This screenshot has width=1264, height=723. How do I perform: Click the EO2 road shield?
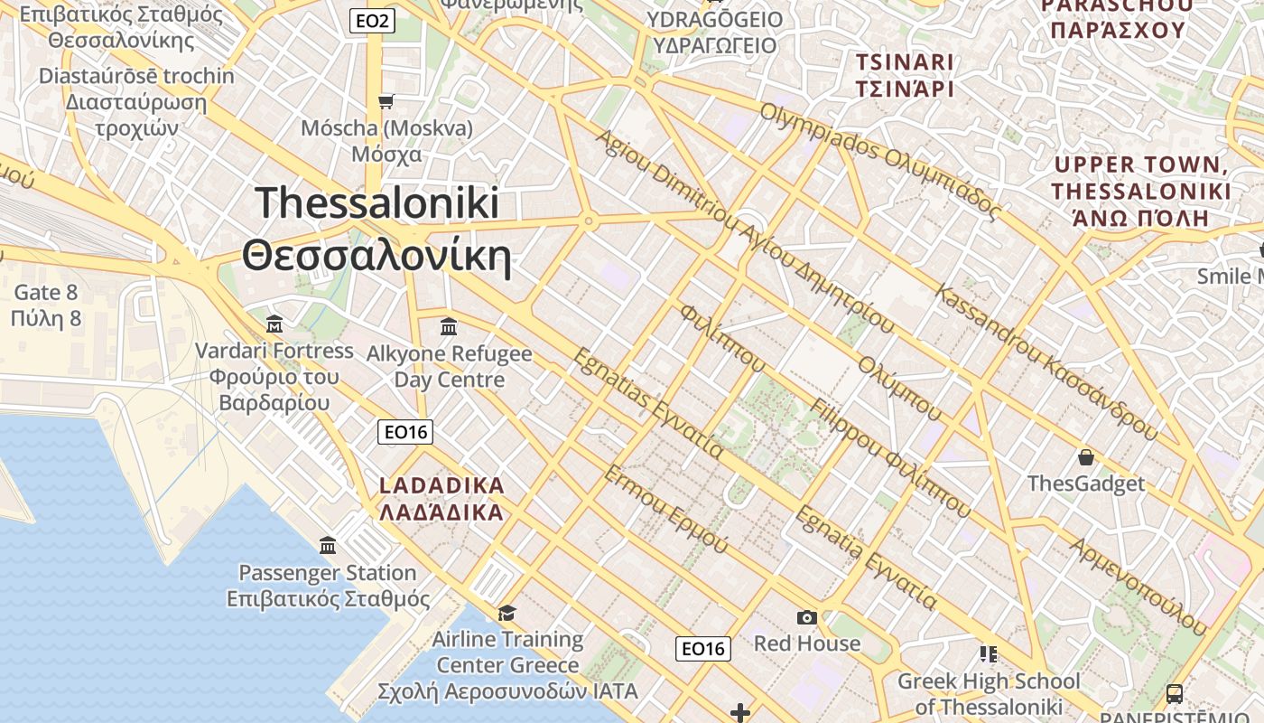pos(372,21)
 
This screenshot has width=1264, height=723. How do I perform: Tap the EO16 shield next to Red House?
pos(703,648)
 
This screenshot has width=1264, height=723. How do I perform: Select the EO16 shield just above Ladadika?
pos(405,432)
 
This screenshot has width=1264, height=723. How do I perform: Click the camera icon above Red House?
pos(807,617)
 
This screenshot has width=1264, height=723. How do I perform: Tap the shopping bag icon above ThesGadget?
pos(1086,457)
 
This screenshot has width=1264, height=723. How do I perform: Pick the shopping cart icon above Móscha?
pos(386,101)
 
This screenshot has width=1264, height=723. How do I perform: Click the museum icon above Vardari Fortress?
pos(274,324)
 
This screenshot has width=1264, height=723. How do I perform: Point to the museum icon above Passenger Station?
pos(328,546)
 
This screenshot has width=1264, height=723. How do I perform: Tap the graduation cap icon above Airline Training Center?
pos(507,613)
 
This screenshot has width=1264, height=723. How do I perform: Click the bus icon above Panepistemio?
pos(1174,693)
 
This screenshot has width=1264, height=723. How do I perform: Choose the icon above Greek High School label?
pos(988,653)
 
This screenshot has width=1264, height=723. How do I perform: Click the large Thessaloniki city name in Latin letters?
pos(376,202)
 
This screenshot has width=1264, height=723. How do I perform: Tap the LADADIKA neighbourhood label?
pos(441,485)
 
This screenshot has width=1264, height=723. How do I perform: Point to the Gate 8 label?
pos(46,292)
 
